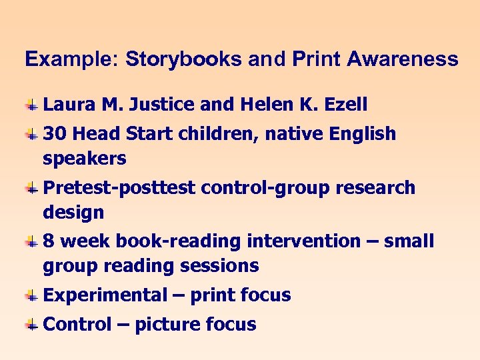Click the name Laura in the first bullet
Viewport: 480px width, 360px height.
(69, 105)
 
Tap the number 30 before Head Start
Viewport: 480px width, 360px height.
(55, 134)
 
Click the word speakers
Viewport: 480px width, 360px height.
(85, 159)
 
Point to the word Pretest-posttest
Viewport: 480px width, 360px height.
(119, 188)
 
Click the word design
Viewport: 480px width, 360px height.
(73, 213)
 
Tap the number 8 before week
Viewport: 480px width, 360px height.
(49, 241)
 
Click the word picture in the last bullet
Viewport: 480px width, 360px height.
(168, 325)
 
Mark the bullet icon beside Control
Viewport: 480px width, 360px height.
(31, 325)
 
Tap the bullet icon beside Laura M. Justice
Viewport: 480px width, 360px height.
(31, 105)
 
